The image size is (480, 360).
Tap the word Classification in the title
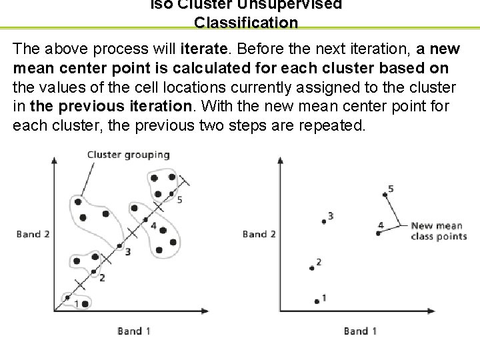pyautogui.click(x=246, y=22)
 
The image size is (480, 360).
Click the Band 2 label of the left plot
pyautogui.click(x=33, y=234)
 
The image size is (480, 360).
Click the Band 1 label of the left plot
pyautogui.click(x=133, y=330)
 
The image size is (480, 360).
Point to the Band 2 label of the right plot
pyautogui.click(x=259, y=234)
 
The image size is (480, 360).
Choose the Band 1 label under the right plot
pyautogui.click(x=360, y=330)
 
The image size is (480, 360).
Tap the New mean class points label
pyautogui.click(x=438, y=231)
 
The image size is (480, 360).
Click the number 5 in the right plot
pyautogui.click(x=391, y=189)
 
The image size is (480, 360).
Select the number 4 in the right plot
pyautogui.click(x=380, y=225)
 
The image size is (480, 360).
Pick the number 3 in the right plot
pyautogui.click(x=330, y=215)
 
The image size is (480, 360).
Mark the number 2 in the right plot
pyautogui.click(x=319, y=262)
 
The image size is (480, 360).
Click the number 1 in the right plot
pyautogui.click(x=324, y=297)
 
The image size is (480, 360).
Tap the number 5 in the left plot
pyautogui.click(x=180, y=199)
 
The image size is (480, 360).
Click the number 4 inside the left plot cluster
pyautogui.click(x=153, y=226)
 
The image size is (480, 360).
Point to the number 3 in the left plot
pyautogui.click(x=127, y=251)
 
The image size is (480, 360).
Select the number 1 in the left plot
pyautogui.click(x=77, y=304)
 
